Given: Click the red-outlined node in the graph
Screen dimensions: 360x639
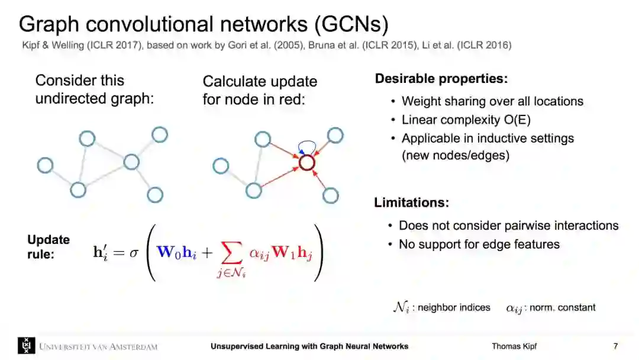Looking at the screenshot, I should point(306,162).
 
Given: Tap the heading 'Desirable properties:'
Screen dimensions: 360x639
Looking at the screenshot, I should point(441,79).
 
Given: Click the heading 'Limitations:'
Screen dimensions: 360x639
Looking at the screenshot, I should point(411,202).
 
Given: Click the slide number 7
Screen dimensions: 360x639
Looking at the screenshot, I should point(615,346).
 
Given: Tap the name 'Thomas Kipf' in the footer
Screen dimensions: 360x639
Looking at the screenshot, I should point(514,346).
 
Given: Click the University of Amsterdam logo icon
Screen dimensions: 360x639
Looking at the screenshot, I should point(27,346).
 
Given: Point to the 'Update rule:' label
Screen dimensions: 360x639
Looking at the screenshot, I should point(49,246).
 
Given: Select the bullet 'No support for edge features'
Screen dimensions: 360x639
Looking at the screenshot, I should point(479,244).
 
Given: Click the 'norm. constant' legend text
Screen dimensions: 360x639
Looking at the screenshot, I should point(562,307).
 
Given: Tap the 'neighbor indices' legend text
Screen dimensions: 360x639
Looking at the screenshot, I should point(454,307).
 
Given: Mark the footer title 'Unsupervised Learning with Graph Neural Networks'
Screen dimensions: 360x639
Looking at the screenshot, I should point(309,346).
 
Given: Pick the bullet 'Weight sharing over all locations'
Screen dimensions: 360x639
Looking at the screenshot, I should point(492,101).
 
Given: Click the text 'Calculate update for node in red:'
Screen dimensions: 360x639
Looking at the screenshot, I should point(260,90).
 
